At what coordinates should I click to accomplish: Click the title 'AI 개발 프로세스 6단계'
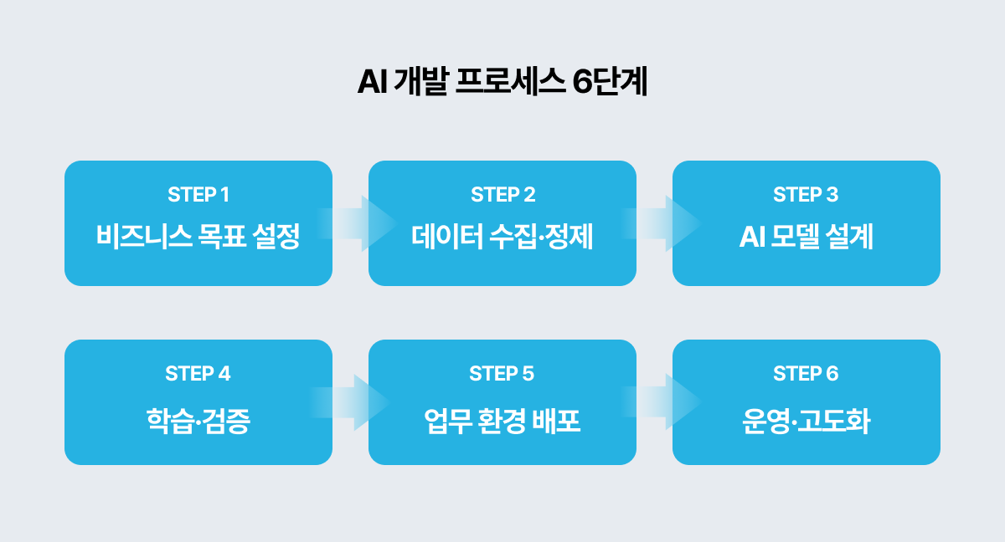[502, 84]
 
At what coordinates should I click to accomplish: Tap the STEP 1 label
[198, 195]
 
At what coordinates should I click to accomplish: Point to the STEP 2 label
[502, 195]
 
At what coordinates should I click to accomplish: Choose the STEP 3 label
[806, 195]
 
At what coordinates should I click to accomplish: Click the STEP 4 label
[198, 374]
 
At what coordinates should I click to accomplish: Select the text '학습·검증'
[198, 421]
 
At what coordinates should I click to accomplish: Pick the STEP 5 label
[502, 374]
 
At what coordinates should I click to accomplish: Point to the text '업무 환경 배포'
[502, 421]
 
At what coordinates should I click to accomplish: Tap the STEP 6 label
[806, 374]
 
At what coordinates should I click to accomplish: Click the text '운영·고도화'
[806, 421]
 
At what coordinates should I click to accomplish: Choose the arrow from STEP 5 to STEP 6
[662, 402]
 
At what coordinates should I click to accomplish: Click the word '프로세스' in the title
[510, 84]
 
